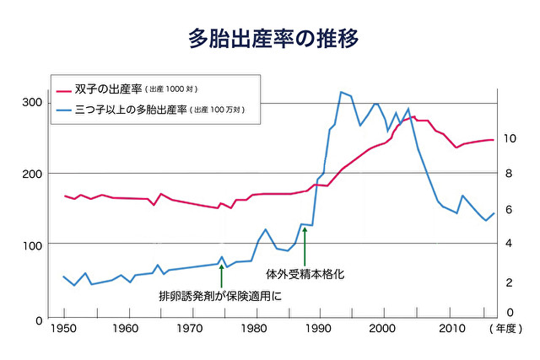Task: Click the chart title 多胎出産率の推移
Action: point(269,38)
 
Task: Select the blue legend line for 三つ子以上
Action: point(64,110)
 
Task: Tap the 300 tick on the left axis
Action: point(32,103)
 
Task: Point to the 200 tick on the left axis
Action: point(32,174)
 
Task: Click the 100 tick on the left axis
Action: point(32,245)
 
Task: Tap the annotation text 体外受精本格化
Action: point(305,274)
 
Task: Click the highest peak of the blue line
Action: point(340,92)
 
